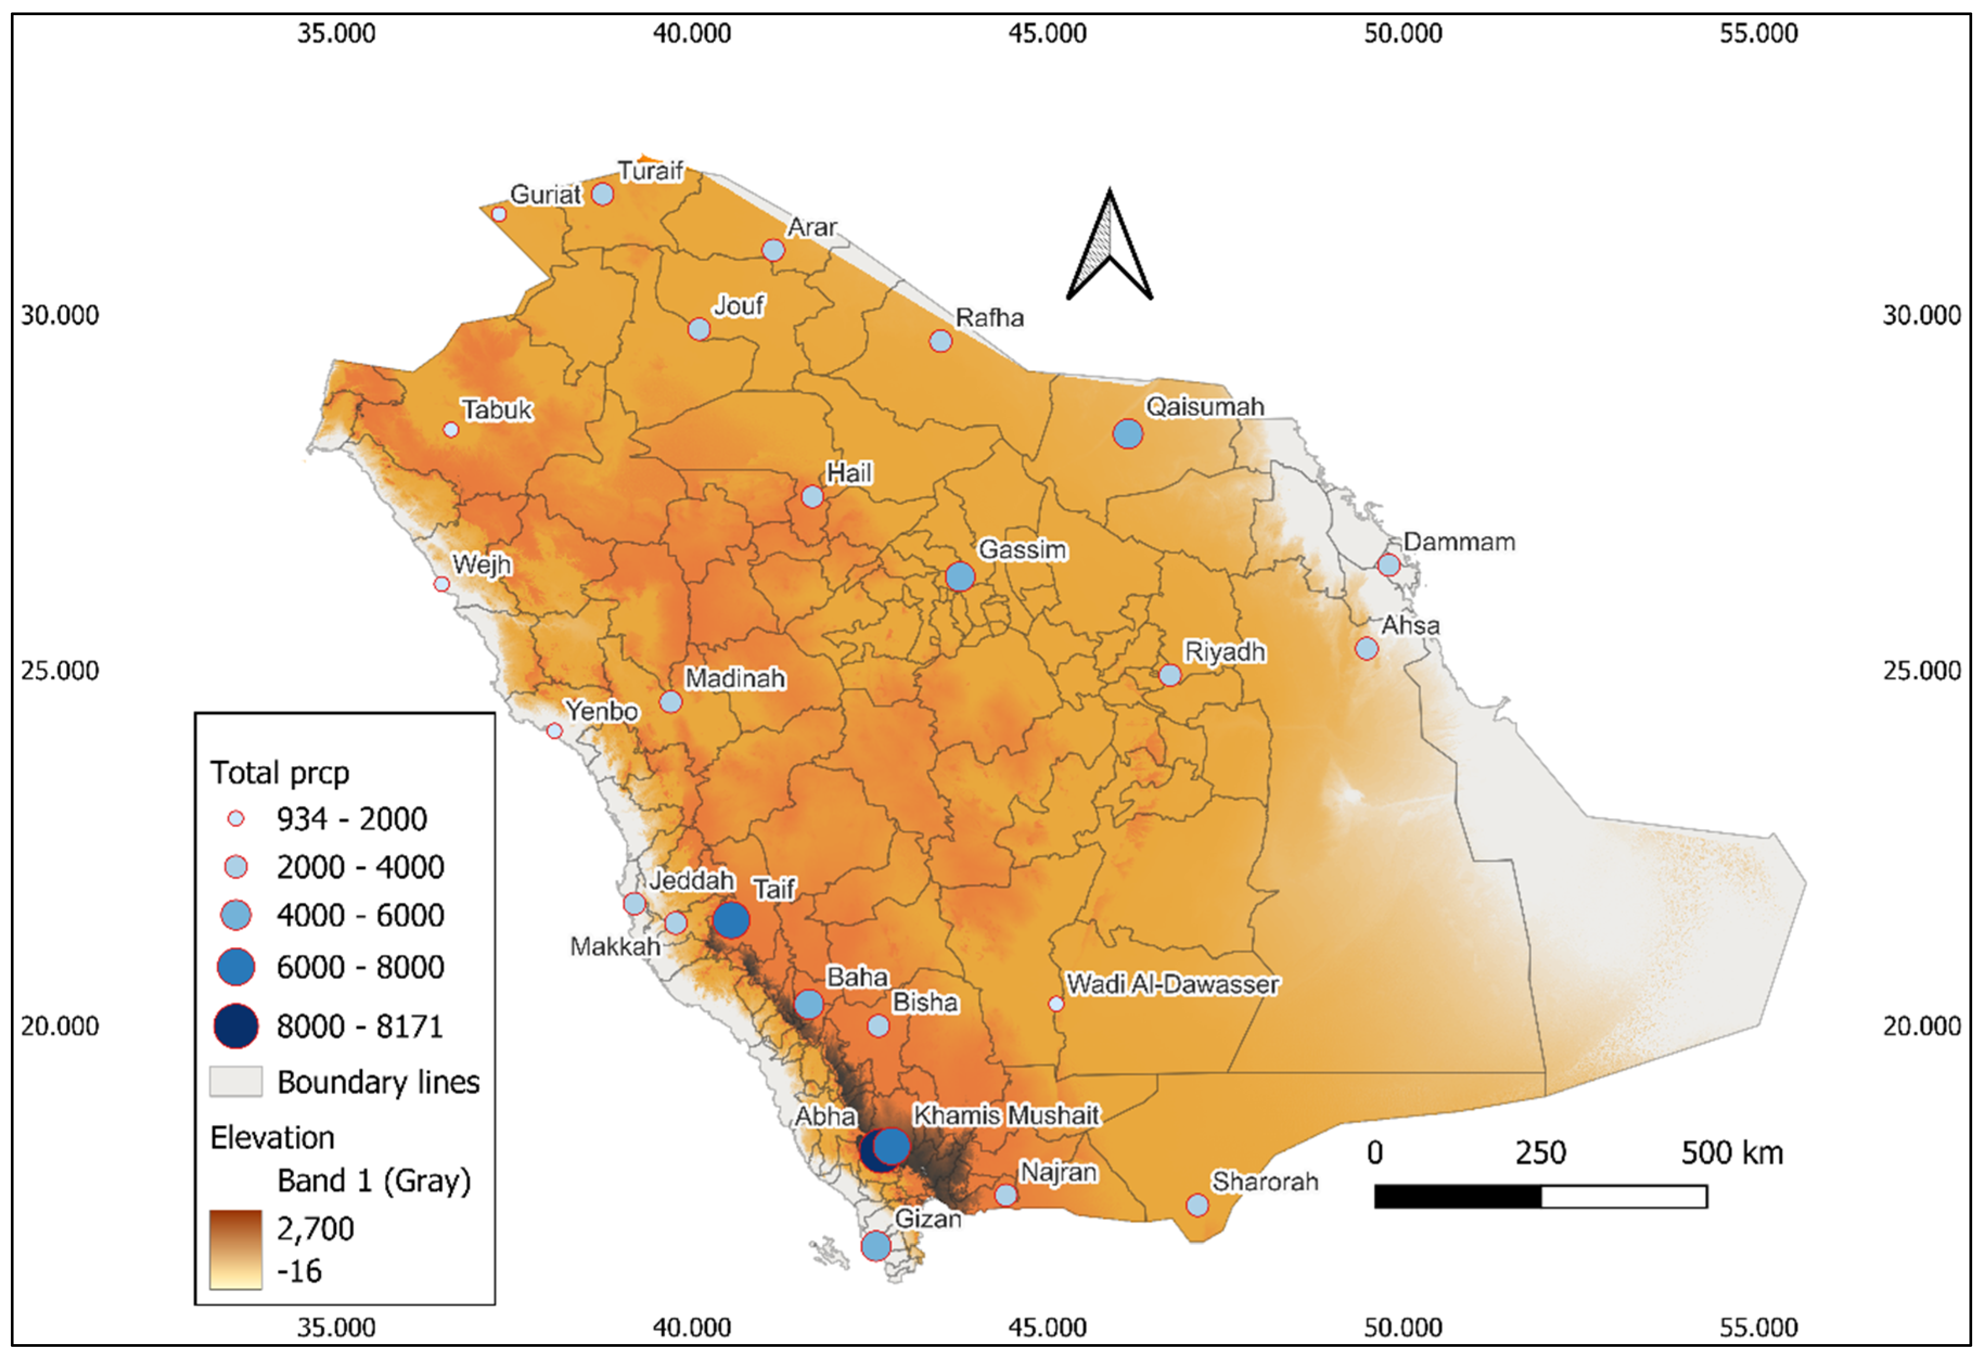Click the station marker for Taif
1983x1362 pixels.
click(731, 920)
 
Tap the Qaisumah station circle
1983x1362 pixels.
click(1128, 434)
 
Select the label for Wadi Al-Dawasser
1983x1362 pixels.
click(1172, 984)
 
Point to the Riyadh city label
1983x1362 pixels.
click(1224, 652)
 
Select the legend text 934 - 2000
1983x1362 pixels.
click(351, 819)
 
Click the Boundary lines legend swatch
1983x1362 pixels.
click(235, 1081)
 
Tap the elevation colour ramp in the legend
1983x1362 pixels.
click(235, 1249)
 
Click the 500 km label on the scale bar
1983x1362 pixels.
click(1731, 1153)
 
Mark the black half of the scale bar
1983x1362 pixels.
click(1458, 1197)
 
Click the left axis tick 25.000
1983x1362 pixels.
click(60, 671)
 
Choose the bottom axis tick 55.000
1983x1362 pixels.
click(1758, 1328)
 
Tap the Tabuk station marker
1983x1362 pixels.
click(451, 430)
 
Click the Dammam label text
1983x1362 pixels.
click(1459, 542)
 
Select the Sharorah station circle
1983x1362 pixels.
click(1197, 1205)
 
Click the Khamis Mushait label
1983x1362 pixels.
click(1006, 1115)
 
